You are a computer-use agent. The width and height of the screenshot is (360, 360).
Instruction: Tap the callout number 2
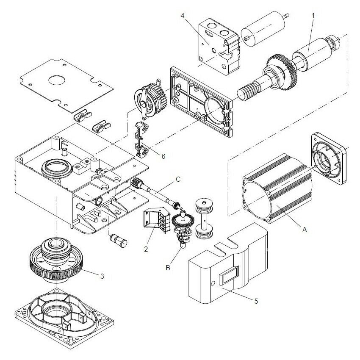tap(146, 249)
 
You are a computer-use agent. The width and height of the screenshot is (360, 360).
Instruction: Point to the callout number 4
tap(182, 16)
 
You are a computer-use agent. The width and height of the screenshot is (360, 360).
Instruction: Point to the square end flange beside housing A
tap(328, 155)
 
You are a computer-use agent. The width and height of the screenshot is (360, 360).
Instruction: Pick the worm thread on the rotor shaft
tap(249, 90)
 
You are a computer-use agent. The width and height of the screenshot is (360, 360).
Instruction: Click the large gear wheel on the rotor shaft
tap(277, 70)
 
